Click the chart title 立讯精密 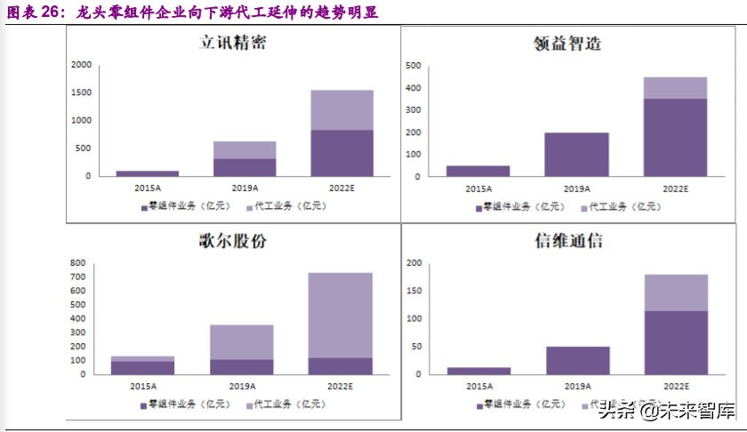click(234, 43)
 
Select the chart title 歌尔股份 click(233, 241)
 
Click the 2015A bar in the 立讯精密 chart click(148, 172)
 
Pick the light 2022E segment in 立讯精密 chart click(342, 109)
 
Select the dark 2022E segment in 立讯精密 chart click(342, 153)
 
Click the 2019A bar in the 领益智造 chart click(576, 154)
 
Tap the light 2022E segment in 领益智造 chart click(675, 87)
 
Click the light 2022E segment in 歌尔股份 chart click(341, 315)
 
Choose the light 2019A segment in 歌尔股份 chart click(242, 342)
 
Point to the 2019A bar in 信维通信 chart click(578, 360)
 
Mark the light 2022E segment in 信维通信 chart click(676, 292)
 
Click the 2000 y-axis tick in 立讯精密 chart click(81, 65)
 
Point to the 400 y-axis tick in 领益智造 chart click(413, 88)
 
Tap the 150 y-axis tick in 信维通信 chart click(414, 291)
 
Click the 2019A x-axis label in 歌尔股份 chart click(242, 386)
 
